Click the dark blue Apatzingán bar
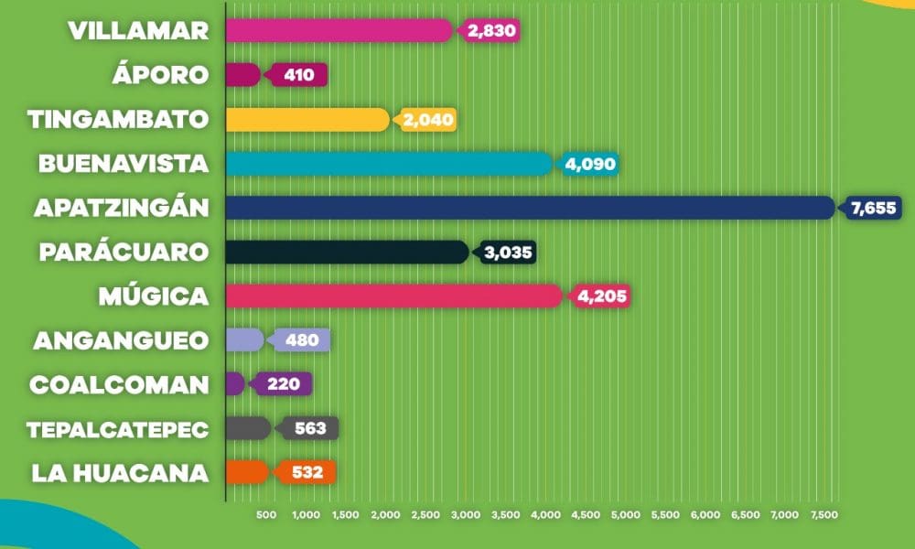click(x=531, y=208)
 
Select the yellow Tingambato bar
click(x=307, y=120)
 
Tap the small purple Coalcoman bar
click(x=235, y=384)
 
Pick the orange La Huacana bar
click(x=247, y=472)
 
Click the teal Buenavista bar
click(x=389, y=164)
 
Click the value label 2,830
click(x=489, y=31)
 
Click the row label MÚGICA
click(x=154, y=296)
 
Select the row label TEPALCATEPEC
click(x=118, y=430)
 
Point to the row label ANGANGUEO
click(x=121, y=340)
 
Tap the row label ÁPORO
click(x=160, y=74)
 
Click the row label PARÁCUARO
click(x=124, y=252)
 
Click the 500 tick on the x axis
click(x=266, y=514)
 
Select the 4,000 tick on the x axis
click(x=545, y=514)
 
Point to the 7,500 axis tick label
click(x=824, y=514)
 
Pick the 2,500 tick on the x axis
click(x=426, y=514)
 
